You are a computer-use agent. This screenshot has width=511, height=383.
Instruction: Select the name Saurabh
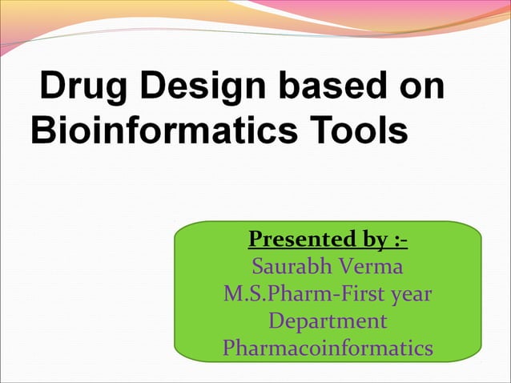tap(294, 266)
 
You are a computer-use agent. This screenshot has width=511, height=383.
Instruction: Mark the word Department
tap(328, 321)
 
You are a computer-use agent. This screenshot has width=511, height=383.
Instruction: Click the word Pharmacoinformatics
tap(328, 349)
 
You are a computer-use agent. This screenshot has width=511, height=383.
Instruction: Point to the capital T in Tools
tap(320, 130)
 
